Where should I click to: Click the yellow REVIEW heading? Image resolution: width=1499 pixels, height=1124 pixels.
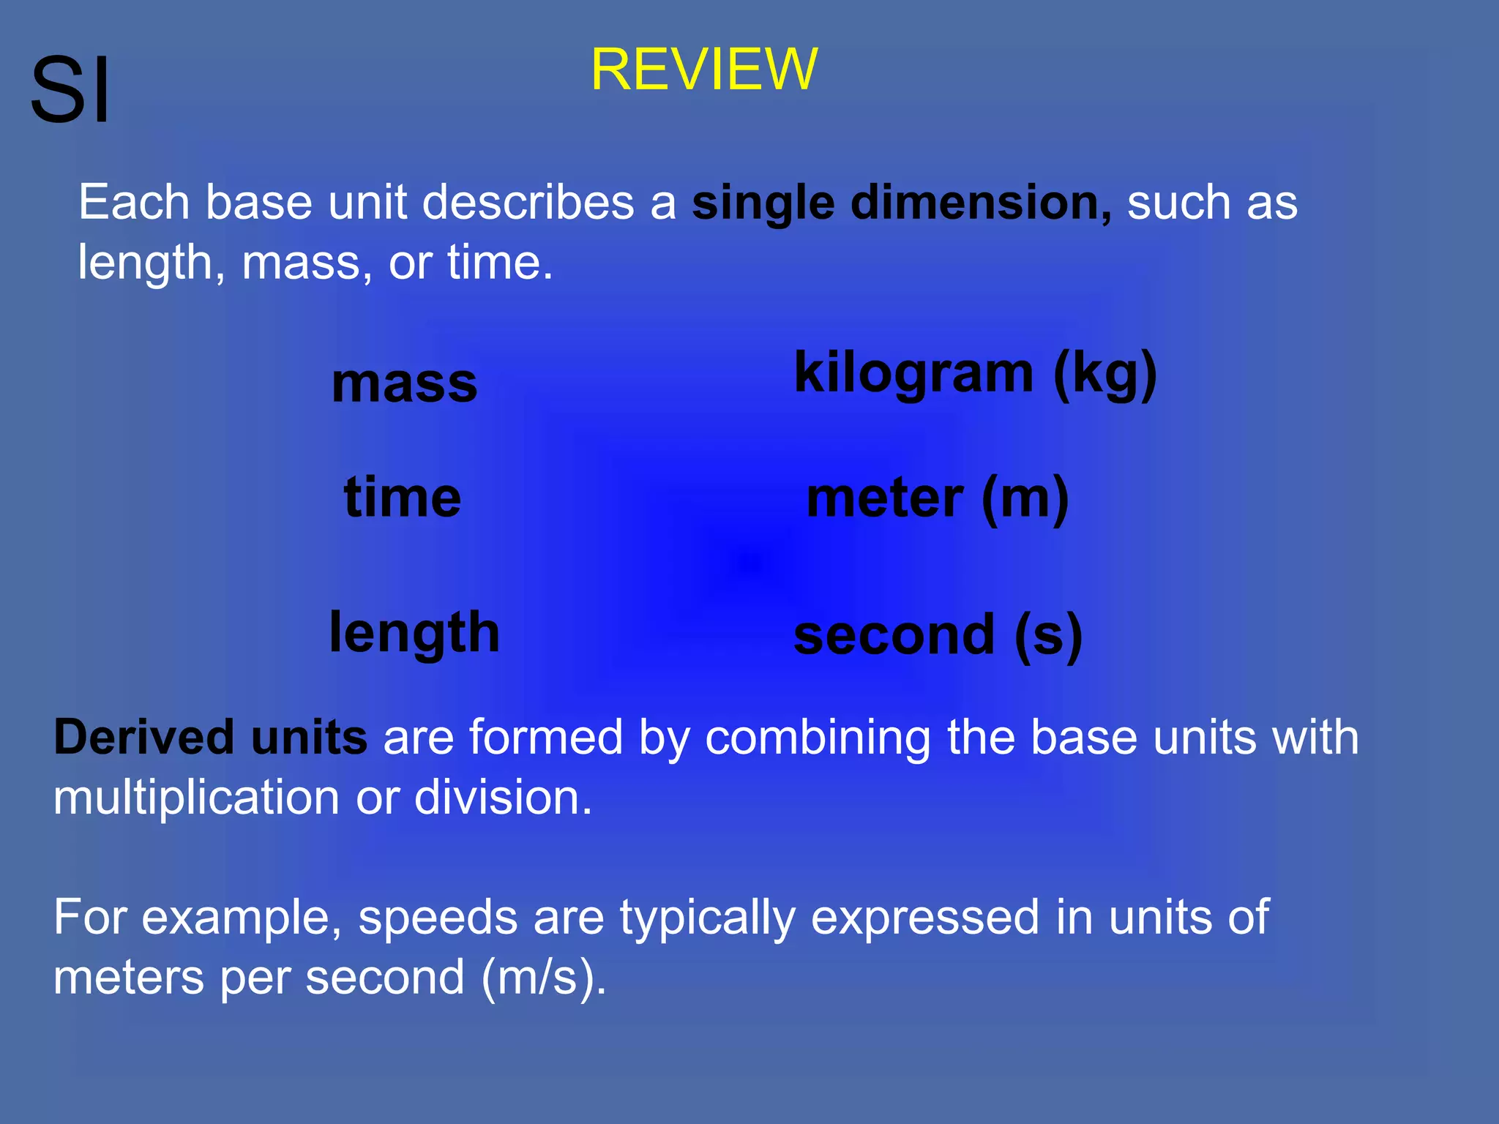(703, 70)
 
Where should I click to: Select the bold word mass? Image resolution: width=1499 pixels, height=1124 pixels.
(404, 383)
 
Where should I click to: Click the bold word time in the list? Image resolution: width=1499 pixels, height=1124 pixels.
(403, 498)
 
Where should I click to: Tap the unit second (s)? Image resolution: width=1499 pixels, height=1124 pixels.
(938, 635)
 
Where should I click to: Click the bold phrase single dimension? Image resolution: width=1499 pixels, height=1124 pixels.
(902, 203)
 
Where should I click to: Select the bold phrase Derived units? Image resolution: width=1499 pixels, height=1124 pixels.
(211, 738)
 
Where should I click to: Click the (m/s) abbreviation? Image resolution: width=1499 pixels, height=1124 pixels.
(544, 978)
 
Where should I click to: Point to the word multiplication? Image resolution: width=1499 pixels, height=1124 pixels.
(196, 798)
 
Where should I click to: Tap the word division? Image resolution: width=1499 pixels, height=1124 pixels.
(502, 798)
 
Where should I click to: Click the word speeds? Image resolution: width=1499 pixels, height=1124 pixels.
(438, 918)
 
